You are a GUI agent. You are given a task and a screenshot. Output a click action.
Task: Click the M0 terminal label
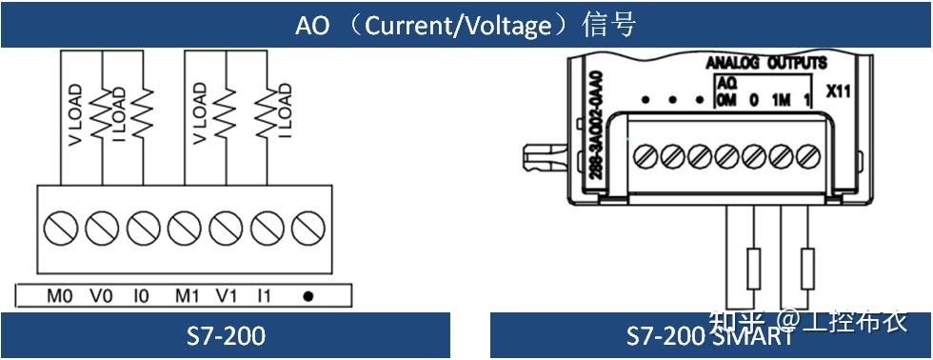59,296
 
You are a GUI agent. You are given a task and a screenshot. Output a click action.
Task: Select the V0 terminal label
101,296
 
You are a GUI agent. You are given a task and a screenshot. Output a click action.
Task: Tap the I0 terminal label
141,296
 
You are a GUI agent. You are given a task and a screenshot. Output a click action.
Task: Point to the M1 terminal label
187,296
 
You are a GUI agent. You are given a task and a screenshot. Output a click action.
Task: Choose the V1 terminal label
226,296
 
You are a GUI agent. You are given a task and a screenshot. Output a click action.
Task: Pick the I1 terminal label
264,296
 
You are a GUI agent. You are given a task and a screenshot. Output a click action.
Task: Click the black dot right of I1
308,296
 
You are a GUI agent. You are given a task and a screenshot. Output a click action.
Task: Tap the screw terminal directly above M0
59,229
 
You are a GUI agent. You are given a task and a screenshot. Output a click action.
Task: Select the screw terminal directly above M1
183,229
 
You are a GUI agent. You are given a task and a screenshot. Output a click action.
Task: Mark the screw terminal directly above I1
266,229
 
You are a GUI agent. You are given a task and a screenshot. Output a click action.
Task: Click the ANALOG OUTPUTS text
765,64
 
